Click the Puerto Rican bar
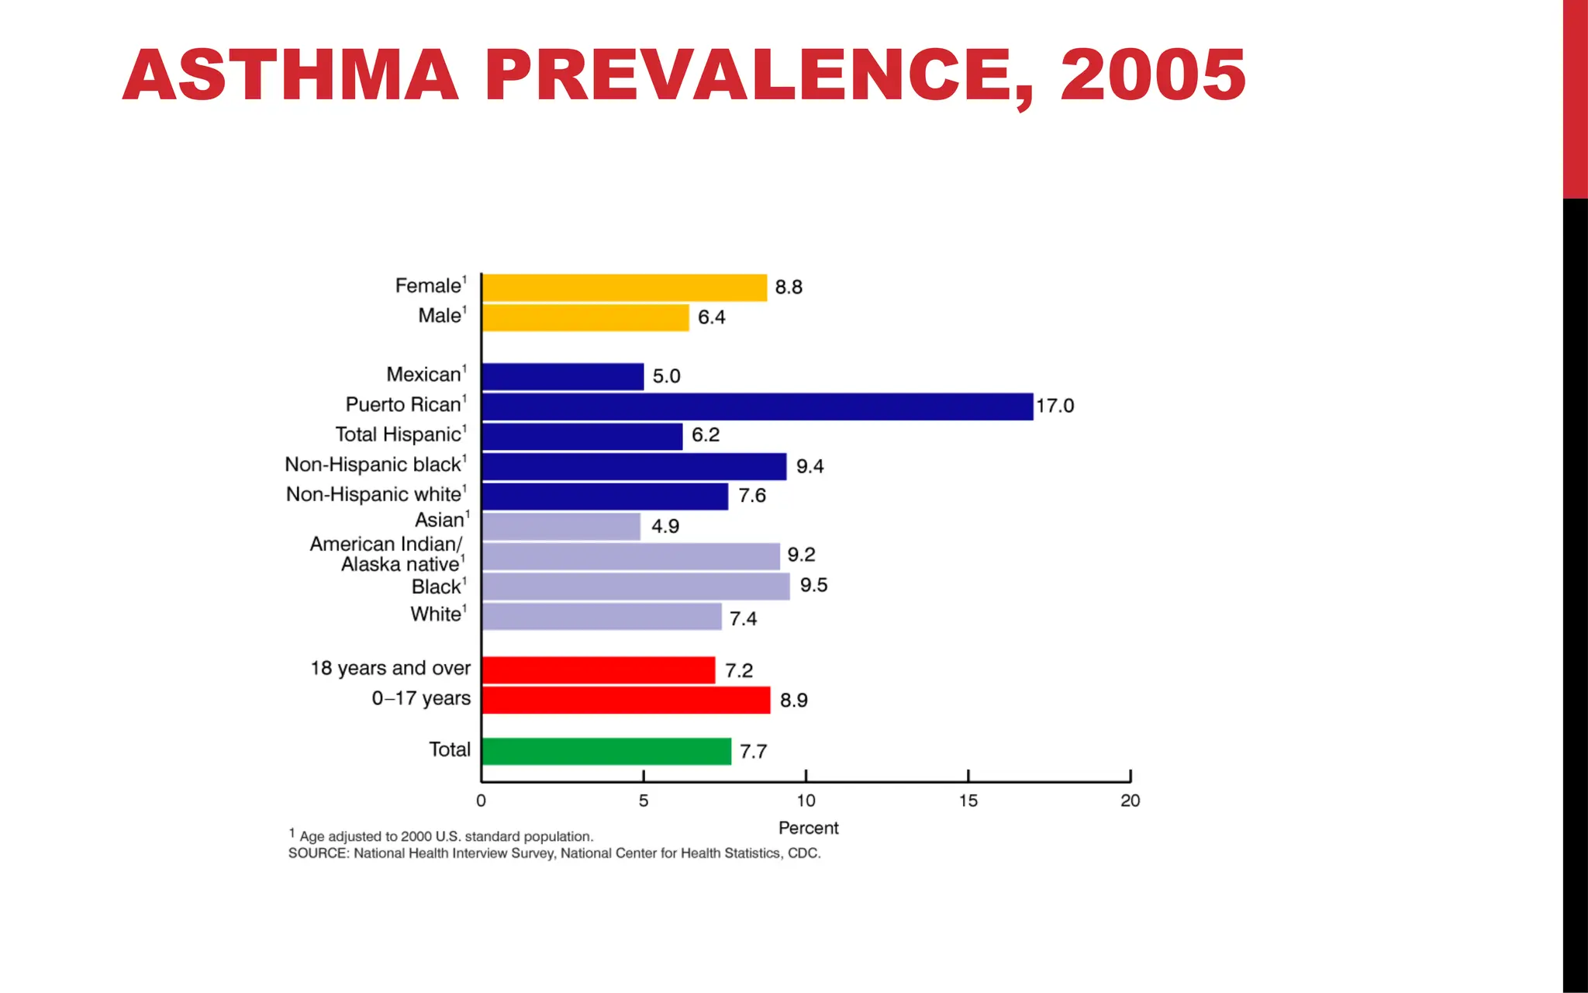pyautogui.click(x=757, y=407)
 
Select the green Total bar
pyautogui.click(x=606, y=751)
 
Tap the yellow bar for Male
pyautogui.click(x=585, y=317)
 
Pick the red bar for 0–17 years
pyautogui.click(x=626, y=700)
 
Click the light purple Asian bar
pyautogui.click(x=561, y=527)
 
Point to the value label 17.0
pyautogui.click(x=1055, y=406)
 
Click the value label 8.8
pyautogui.click(x=789, y=287)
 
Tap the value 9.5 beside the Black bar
pyautogui.click(x=813, y=585)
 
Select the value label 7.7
pyautogui.click(x=753, y=751)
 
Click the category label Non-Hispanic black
pyautogui.click(x=374, y=465)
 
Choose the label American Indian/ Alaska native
pyautogui.click(x=386, y=554)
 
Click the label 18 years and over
pyautogui.click(x=390, y=668)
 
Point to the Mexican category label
pyautogui.click(x=424, y=375)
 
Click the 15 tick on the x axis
pyautogui.click(x=968, y=801)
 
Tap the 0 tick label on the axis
pyautogui.click(x=481, y=801)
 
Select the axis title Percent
pyautogui.click(x=808, y=828)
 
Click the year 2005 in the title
pyautogui.click(x=1152, y=75)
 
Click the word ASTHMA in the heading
pyautogui.click(x=291, y=75)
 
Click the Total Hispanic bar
pyautogui.click(x=582, y=436)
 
